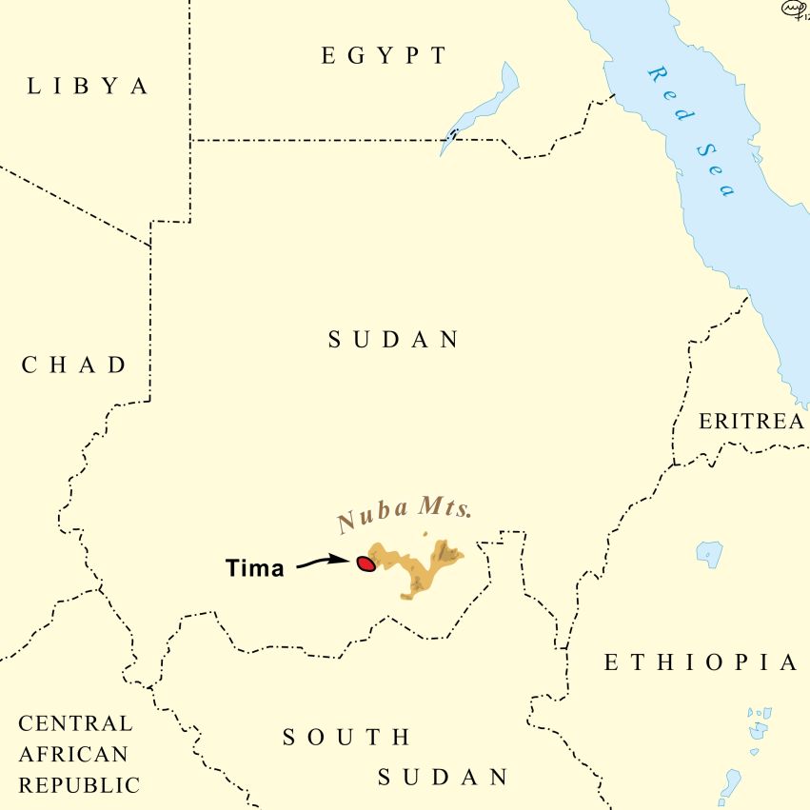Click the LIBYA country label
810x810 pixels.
coord(89,87)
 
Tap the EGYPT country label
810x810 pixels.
coord(384,56)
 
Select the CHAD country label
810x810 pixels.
coord(74,365)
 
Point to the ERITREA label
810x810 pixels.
coord(751,422)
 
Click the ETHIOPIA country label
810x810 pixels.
coord(701,663)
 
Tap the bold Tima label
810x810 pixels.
coord(254,569)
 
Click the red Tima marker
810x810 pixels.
coord(365,563)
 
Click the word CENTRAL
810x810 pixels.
coord(76,723)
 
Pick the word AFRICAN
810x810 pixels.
coord(72,755)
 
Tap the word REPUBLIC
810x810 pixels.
coord(79,786)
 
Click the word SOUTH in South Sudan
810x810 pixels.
coord(347,737)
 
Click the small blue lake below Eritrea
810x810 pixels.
coord(708,552)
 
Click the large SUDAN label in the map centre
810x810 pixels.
coord(394,340)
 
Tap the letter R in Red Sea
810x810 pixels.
coord(656,73)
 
